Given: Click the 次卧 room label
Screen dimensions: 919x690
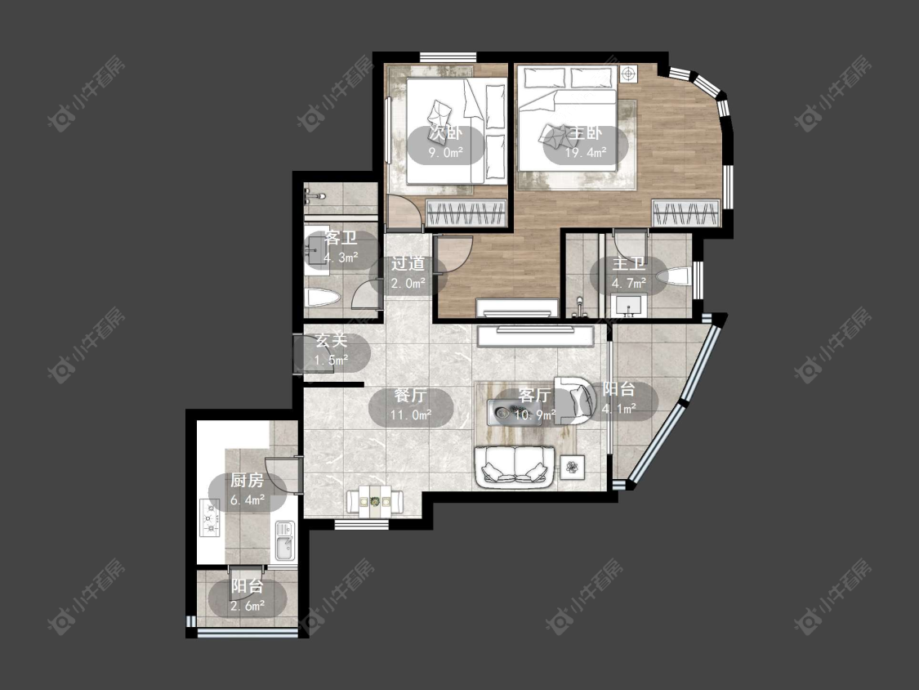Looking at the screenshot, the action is point(446,132).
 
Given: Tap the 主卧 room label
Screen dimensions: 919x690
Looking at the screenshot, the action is point(586,133).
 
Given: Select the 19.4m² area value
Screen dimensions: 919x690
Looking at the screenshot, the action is point(586,153).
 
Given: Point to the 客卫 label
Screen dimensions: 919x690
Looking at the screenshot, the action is point(341,238).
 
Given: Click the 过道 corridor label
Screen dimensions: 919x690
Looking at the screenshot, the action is point(408,263).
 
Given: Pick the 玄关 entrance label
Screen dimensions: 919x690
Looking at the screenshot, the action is point(332,340).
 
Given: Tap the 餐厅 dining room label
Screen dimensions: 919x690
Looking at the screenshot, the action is point(411,395).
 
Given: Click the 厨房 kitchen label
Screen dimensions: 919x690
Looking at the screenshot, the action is point(247,481).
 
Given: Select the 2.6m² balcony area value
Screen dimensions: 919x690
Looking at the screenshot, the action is point(248,606).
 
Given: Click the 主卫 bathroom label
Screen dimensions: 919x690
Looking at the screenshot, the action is point(629,264).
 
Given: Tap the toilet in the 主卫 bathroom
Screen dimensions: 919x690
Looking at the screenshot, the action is point(675,277).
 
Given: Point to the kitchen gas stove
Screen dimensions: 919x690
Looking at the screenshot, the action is point(210,517).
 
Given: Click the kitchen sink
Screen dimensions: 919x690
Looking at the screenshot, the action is point(285,540).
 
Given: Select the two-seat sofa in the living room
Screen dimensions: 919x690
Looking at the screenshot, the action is point(515,467).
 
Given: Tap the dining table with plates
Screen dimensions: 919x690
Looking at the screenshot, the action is point(374,502).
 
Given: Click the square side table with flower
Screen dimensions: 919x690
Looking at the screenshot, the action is point(572,467).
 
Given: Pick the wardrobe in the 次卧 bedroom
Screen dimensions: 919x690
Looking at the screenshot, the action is point(466,213).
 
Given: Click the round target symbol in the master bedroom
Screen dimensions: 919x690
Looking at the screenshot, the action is point(628,74).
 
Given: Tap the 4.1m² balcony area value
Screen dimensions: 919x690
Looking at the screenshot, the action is point(619,409).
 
